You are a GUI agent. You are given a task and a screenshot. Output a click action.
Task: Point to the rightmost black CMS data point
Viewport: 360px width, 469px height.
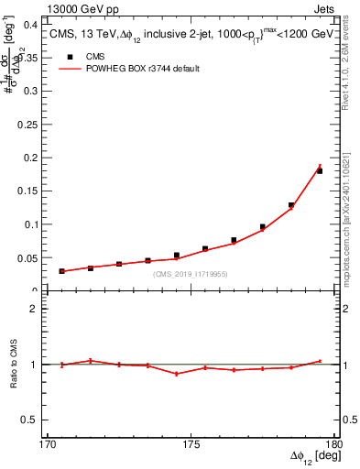(x=320, y=171)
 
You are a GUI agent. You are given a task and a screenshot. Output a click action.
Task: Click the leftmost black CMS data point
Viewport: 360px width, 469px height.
(x=62, y=271)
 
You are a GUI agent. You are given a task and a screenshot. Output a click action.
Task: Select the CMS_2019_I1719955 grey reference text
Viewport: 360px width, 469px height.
(x=191, y=274)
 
